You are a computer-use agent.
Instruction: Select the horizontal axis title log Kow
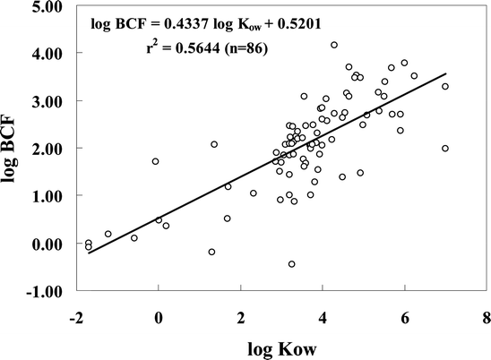click(280, 347)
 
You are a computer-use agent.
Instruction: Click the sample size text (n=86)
click(266, 43)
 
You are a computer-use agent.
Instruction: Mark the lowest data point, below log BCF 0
click(291, 264)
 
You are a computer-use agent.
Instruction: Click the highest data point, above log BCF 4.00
click(334, 45)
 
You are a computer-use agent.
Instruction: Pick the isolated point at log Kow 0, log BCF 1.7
click(155, 161)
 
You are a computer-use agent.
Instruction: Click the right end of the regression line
click(445, 75)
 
